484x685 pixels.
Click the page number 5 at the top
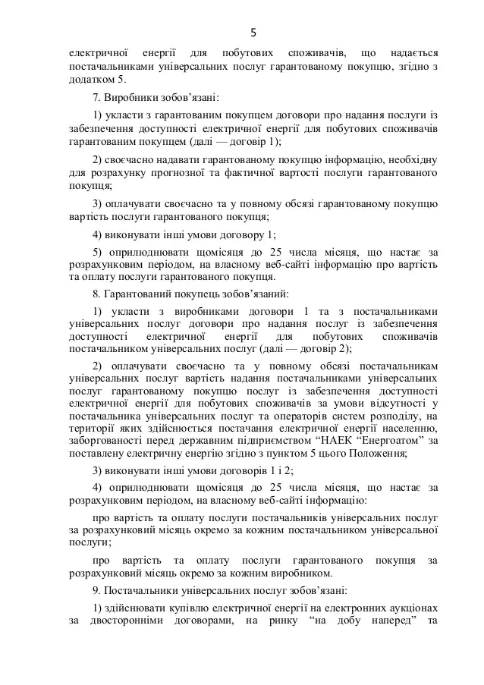[x=253, y=32]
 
